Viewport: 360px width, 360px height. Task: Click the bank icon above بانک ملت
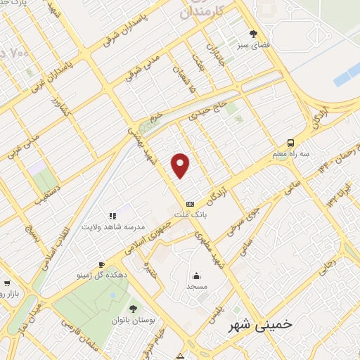(189, 203)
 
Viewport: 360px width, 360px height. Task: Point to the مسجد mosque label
(196, 287)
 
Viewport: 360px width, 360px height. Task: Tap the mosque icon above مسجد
(196, 276)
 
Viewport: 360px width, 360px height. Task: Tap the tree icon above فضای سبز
(253, 33)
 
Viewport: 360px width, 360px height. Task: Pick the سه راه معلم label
(290, 154)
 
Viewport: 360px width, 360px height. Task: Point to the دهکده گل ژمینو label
(102, 276)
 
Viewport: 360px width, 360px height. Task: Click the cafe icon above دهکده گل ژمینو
(102, 264)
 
